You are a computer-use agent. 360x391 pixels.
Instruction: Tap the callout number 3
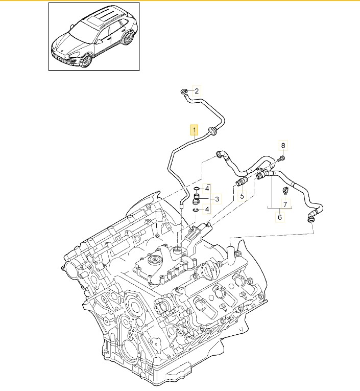(217, 199)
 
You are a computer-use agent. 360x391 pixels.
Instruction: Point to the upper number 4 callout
(207, 189)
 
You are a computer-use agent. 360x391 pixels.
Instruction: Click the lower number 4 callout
(207, 209)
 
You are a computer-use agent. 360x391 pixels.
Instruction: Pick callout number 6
(285, 204)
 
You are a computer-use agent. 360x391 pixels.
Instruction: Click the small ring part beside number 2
(183, 91)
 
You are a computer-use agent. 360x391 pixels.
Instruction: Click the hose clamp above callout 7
(285, 192)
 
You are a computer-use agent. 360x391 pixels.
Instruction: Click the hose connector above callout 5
(241, 181)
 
